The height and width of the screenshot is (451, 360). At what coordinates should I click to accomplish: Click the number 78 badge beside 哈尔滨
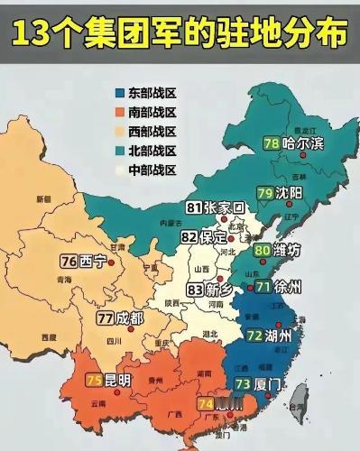click(271, 143)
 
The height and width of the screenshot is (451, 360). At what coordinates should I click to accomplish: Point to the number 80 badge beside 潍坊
click(263, 250)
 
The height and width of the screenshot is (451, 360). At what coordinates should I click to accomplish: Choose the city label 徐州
click(291, 288)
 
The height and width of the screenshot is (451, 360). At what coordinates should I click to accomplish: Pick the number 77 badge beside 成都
click(106, 318)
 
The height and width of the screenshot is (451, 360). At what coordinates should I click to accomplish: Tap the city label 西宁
click(93, 262)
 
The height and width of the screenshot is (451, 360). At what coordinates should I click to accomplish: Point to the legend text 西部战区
click(152, 132)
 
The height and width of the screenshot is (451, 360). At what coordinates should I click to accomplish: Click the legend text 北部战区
click(152, 152)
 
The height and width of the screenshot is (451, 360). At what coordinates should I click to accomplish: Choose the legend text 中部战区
click(152, 170)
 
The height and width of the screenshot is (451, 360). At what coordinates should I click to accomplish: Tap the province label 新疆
click(43, 198)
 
